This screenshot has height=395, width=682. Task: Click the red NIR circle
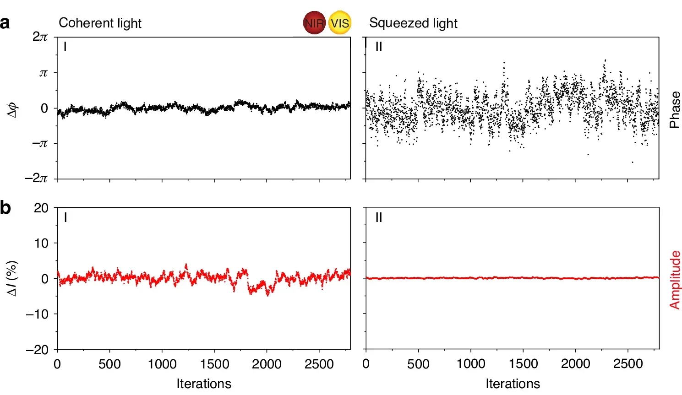coord(314,23)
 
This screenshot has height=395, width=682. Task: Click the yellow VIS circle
coord(340,23)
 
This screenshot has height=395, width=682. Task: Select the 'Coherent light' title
coord(100,23)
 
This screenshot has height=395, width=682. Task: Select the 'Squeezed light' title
coord(413,23)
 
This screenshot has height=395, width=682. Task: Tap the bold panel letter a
coord(5,23)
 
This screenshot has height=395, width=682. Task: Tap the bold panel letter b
coord(5,208)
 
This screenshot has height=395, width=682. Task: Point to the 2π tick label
coord(40,37)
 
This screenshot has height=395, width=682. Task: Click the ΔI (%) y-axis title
coord(13,278)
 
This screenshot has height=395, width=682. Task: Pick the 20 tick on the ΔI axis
coord(41,208)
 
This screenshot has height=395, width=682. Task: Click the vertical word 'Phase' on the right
coord(675,110)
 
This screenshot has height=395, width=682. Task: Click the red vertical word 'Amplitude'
coord(675,280)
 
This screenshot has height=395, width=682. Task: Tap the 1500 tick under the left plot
coord(214,364)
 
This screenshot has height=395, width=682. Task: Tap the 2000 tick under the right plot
coord(575,364)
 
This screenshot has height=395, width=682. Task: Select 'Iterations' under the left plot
coord(204,384)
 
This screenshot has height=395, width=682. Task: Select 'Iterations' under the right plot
coord(513,384)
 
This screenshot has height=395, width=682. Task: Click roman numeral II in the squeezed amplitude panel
coord(378,217)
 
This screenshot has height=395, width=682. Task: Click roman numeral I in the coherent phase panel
coord(65,47)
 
